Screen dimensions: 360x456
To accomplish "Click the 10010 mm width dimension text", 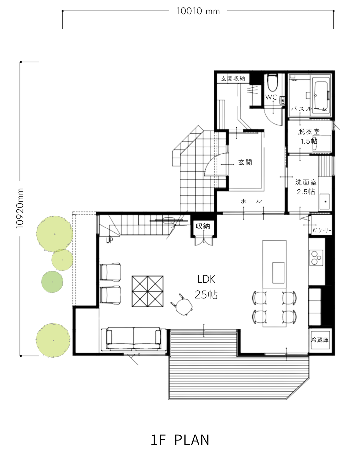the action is click(x=198, y=11).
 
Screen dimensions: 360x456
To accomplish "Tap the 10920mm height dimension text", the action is click(x=20, y=208).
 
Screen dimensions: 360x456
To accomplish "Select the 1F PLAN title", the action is click(x=180, y=440).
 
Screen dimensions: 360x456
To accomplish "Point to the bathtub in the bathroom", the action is click(x=321, y=95).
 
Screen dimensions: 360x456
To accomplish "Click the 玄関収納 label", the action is click(x=233, y=79).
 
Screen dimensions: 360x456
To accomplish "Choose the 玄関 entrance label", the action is click(x=245, y=163).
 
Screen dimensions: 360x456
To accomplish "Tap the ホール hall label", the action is click(x=251, y=201).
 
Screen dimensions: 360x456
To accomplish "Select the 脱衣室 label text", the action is click(x=309, y=132).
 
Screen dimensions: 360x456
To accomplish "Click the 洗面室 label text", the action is click(x=306, y=182).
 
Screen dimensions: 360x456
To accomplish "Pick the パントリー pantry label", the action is click(x=322, y=230).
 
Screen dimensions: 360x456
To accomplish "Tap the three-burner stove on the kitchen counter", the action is click(x=316, y=258).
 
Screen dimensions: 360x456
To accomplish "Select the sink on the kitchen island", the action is click(x=278, y=273).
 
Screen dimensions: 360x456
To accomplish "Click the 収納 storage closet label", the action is click(x=203, y=226).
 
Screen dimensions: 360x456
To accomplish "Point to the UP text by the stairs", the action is click(x=110, y=240).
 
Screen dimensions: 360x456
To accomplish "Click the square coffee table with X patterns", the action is click(x=147, y=291).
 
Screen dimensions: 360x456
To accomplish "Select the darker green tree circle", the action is click(x=52, y=282).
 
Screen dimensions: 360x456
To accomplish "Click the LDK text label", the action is click(x=206, y=279).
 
